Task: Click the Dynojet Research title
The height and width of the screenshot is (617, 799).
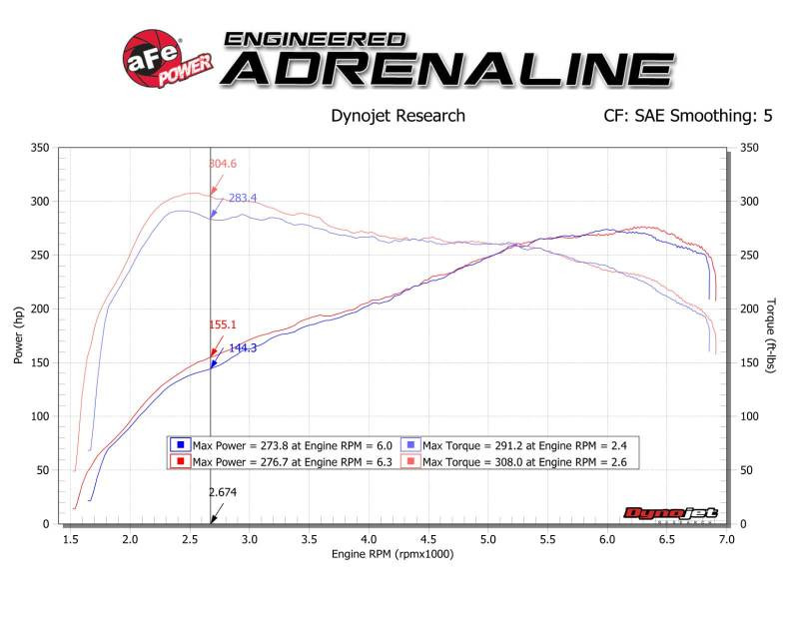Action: (398, 116)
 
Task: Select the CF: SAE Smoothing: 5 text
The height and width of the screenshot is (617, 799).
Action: (687, 116)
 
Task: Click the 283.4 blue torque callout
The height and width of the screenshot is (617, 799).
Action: (242, 199)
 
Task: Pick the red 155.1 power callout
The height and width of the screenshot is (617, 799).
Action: (223, 324)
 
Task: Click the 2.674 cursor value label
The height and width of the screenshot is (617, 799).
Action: (225, 491)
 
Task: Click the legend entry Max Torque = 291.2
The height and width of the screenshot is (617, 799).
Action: (520, 445)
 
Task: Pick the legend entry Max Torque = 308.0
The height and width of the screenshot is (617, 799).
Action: (520, 461)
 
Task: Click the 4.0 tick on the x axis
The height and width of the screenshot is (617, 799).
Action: (369, 539)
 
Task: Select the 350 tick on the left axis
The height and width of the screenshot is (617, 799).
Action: (41, 148)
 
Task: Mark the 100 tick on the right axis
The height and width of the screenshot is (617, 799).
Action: (748, 416)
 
